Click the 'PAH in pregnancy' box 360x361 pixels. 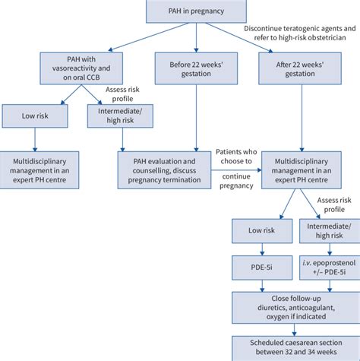(x=197, y=10)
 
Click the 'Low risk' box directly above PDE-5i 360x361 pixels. (x=263, y=231)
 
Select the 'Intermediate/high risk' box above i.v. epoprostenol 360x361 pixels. (x=328, y=231)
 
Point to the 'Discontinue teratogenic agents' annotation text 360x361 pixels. (x=301, y=33)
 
